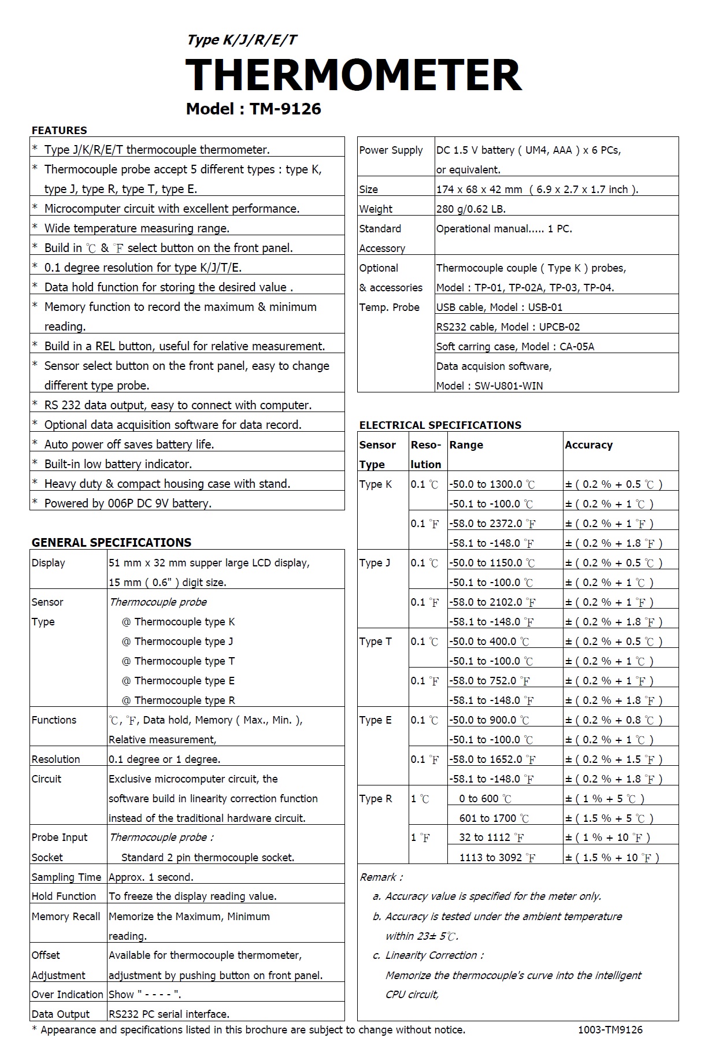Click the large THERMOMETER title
point(353,75)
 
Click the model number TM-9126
point(285,109)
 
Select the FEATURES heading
point(59,130)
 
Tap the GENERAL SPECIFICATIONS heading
point(111,542)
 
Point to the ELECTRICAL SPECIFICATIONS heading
point(440,425)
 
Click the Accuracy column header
point(588,444)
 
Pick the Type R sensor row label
point(375,798)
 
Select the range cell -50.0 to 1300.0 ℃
point(492,484)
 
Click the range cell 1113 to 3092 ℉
point(496,858)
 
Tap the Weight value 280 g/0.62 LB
point(470,209)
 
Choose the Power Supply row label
point(391,150)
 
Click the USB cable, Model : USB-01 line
point(499,307)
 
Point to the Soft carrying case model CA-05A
point(515,346)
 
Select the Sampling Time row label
point(66,877)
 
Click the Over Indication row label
point(67,994)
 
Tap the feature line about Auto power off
point(129,444)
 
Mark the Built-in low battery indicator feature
point(118,464)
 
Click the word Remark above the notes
point(381,877)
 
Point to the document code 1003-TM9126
point(610,1029)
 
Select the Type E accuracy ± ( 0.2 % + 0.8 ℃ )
point(613,720)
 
